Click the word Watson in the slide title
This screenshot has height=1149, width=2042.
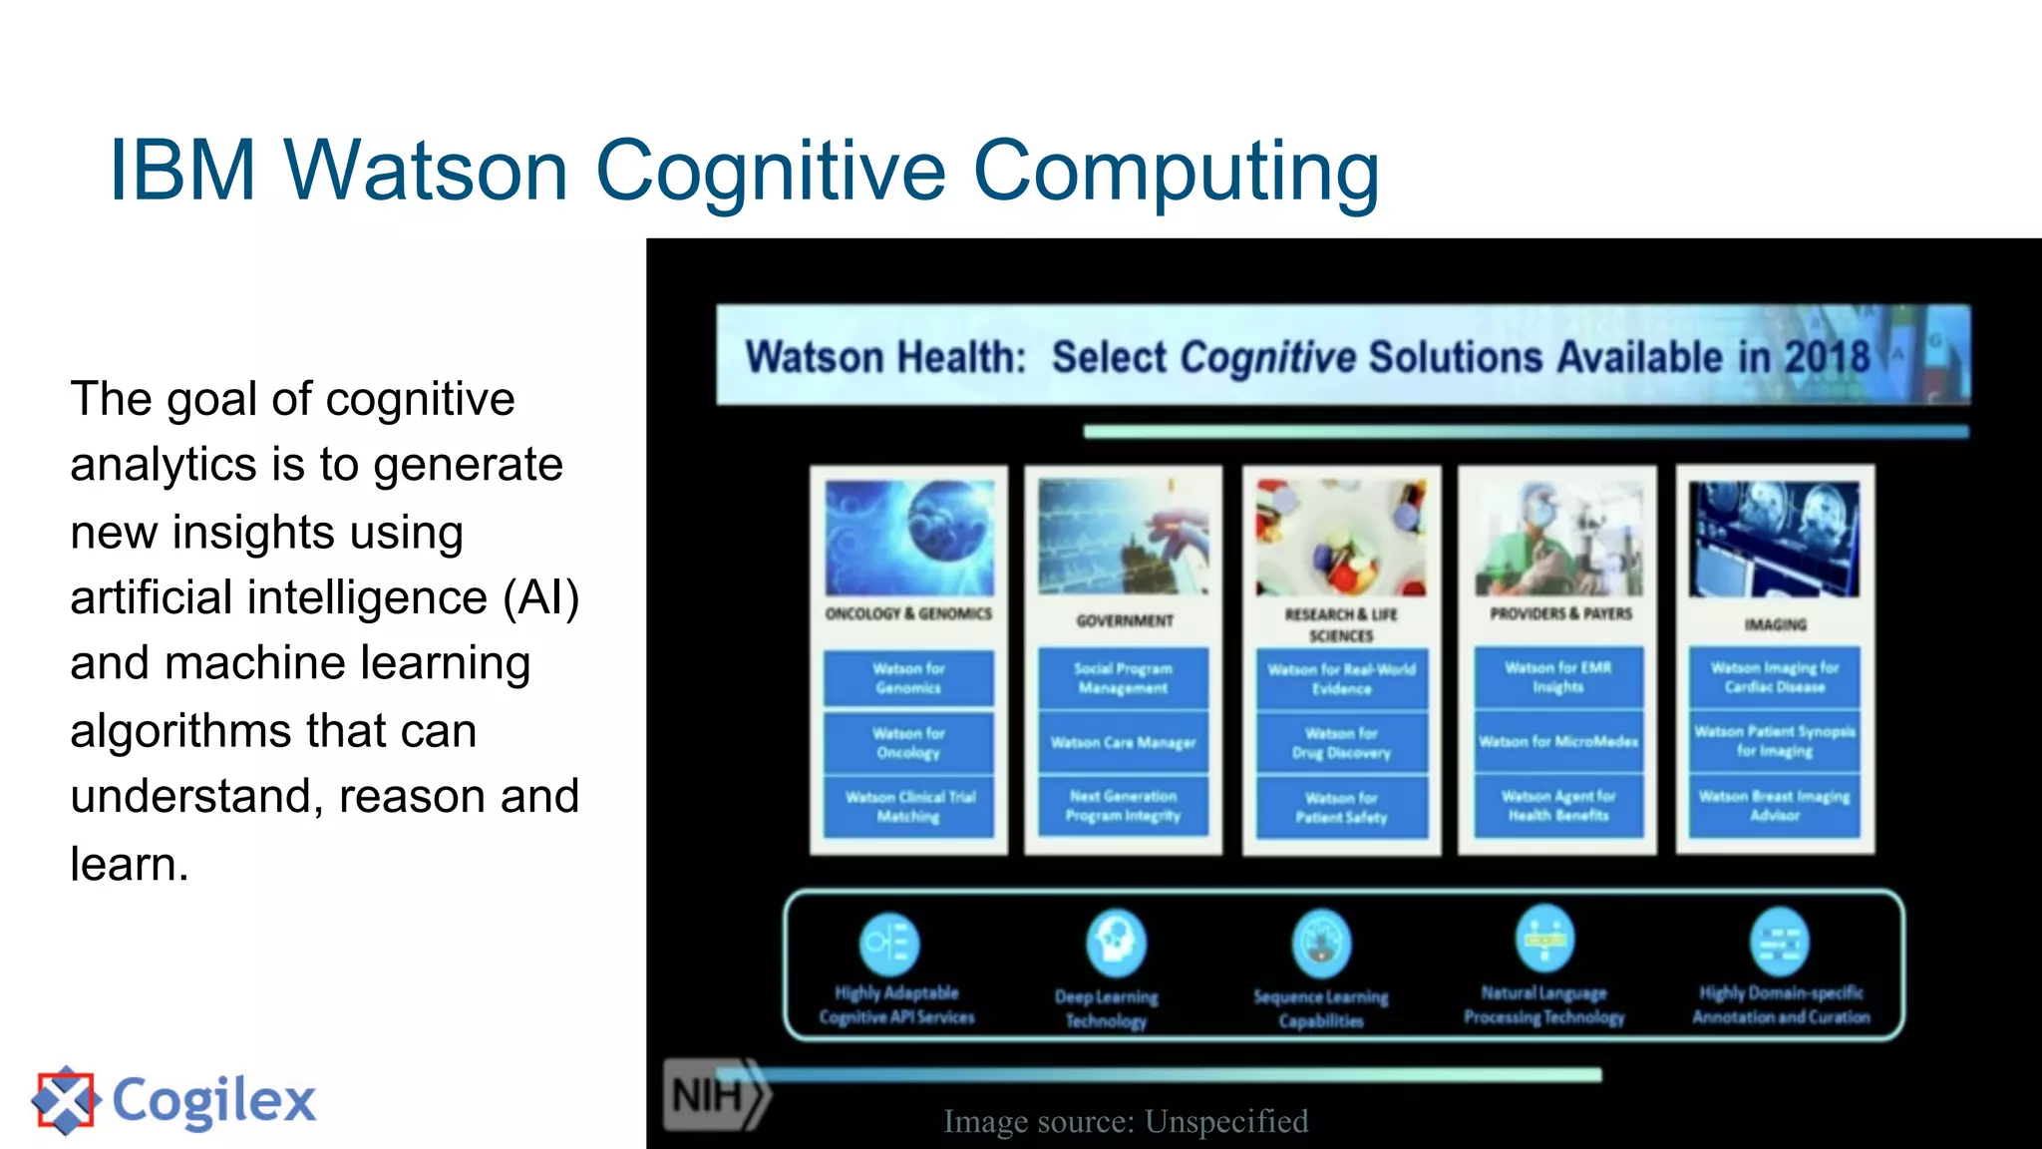click(x=426, y=171)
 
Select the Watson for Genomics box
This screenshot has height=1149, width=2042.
click(x=908, y=678)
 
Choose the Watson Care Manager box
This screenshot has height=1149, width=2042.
click(x=1123, y=742)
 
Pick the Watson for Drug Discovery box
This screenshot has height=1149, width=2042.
click(x=1341, y=743)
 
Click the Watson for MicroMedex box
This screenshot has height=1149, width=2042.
click(x=1558, y=741)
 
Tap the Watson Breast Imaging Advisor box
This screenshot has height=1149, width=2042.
click(x=1774, y=806)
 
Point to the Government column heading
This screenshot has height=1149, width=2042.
click(x=1124, y=620)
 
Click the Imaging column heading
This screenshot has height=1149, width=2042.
click(x=1775, y=624)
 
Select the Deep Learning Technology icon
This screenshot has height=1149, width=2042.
click(x=1116, y=943)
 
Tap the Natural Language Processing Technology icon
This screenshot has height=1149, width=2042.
click(x=1544, y=940)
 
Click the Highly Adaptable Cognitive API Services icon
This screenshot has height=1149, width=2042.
click(x=888, y=943)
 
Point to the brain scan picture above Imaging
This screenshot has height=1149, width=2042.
click(x=1774, y=539)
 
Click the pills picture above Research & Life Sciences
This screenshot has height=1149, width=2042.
click(x=1341, y=538)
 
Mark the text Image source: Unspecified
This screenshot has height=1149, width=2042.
click(x=1126, y=1122)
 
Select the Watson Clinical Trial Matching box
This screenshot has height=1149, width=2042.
click(x=908, y=807)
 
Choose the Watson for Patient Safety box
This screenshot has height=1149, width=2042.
click(x=1341, y=808)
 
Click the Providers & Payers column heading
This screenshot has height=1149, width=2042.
click(x=1560, y=613)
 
